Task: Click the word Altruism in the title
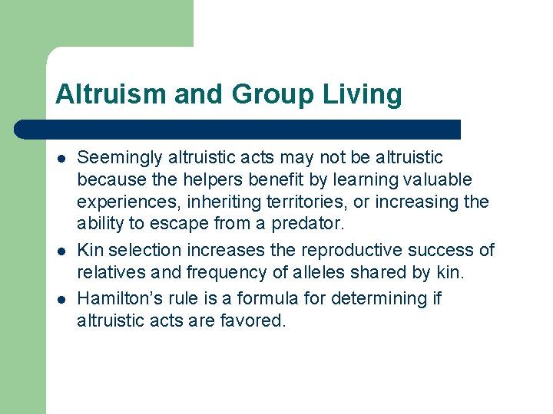coord(111,94)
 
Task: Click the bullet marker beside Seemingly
coord(60,159)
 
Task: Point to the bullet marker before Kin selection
coord(60,251)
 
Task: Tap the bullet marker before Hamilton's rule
coord(60,298)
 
